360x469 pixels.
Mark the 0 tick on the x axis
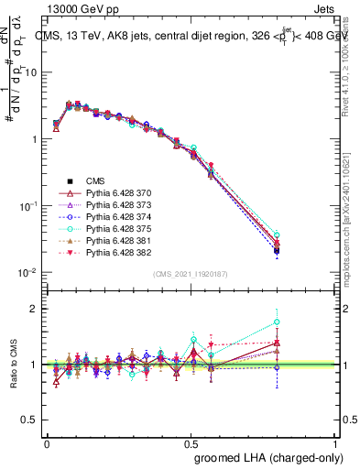click(47, 442)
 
